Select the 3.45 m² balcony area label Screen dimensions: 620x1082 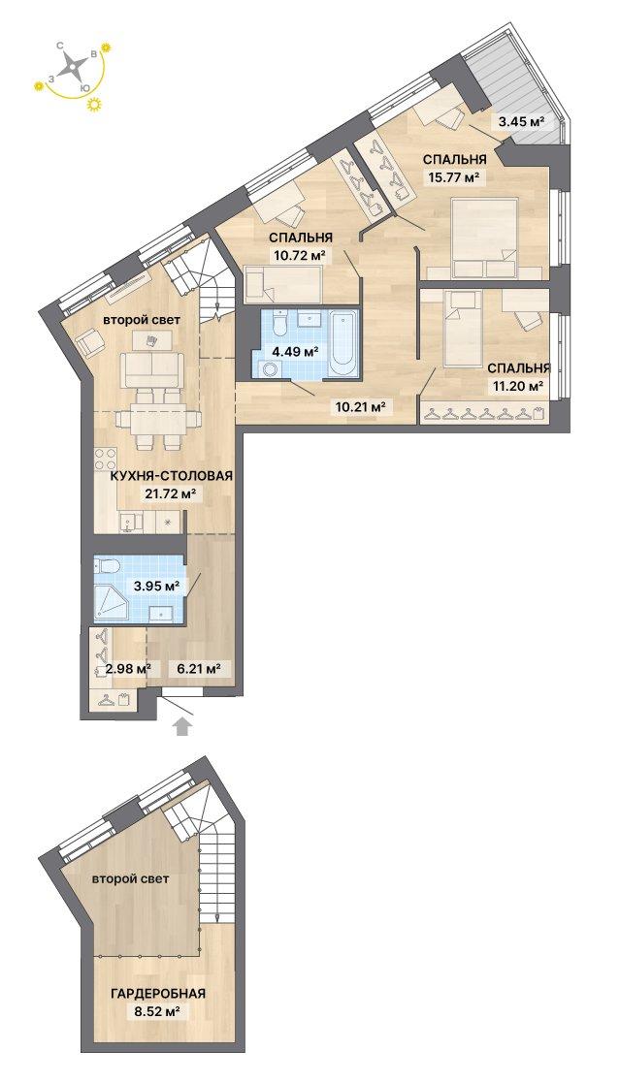(522, 122)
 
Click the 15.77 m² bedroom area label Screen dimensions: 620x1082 (453, 178)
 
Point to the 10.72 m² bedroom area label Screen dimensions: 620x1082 (298, 255)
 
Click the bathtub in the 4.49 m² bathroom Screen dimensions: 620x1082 (342, 344)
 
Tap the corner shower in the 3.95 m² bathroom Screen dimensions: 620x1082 (112, 600)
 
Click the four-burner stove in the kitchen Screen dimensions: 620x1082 (106, 460)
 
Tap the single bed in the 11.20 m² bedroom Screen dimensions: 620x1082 (462, 328)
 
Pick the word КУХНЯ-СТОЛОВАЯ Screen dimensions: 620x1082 (171, 475)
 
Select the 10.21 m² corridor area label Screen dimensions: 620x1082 (360, 406)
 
